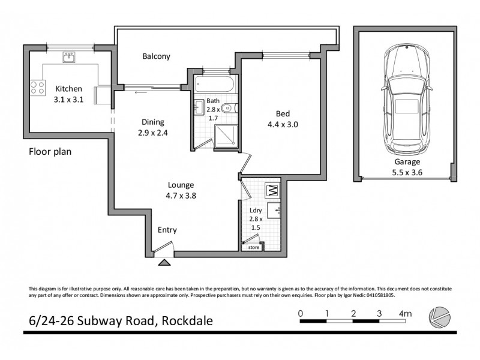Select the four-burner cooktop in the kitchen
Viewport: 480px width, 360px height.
click(37, 88)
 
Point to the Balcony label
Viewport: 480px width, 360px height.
click(156, 56)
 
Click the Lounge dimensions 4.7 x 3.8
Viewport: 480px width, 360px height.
click(180, 195)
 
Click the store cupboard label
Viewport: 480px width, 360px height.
click(253, 247)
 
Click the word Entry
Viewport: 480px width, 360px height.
click(167, 230)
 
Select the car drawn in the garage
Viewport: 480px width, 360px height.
click(407, 99)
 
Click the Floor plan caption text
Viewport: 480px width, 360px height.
click(50, 152)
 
